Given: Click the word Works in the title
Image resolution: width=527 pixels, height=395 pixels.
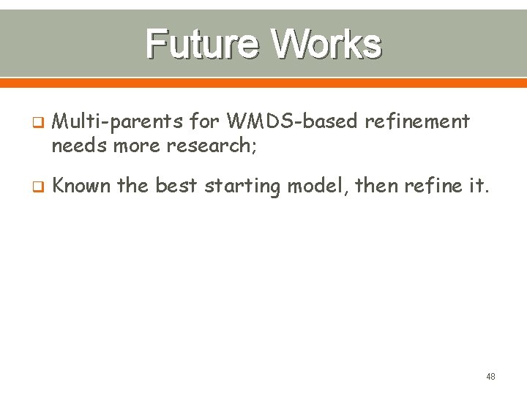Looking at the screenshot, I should [326, 44].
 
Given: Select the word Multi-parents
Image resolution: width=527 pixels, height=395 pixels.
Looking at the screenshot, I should [119, 121].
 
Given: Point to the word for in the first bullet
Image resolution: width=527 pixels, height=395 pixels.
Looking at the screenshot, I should [207, 121].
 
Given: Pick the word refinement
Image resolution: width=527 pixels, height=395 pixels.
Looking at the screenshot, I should [416, 121].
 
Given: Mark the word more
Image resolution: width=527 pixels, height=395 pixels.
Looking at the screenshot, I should [137, 146].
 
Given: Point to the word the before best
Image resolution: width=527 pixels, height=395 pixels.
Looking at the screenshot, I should [132, 186].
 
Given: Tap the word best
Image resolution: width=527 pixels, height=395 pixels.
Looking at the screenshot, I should [176, 186].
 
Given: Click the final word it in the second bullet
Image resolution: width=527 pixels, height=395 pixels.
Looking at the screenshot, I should [475, 186].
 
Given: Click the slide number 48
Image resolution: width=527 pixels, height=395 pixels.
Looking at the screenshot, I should [490, 376].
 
